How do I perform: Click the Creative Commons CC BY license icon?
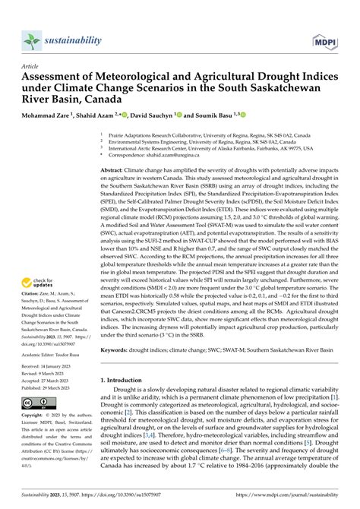click(37, 402)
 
